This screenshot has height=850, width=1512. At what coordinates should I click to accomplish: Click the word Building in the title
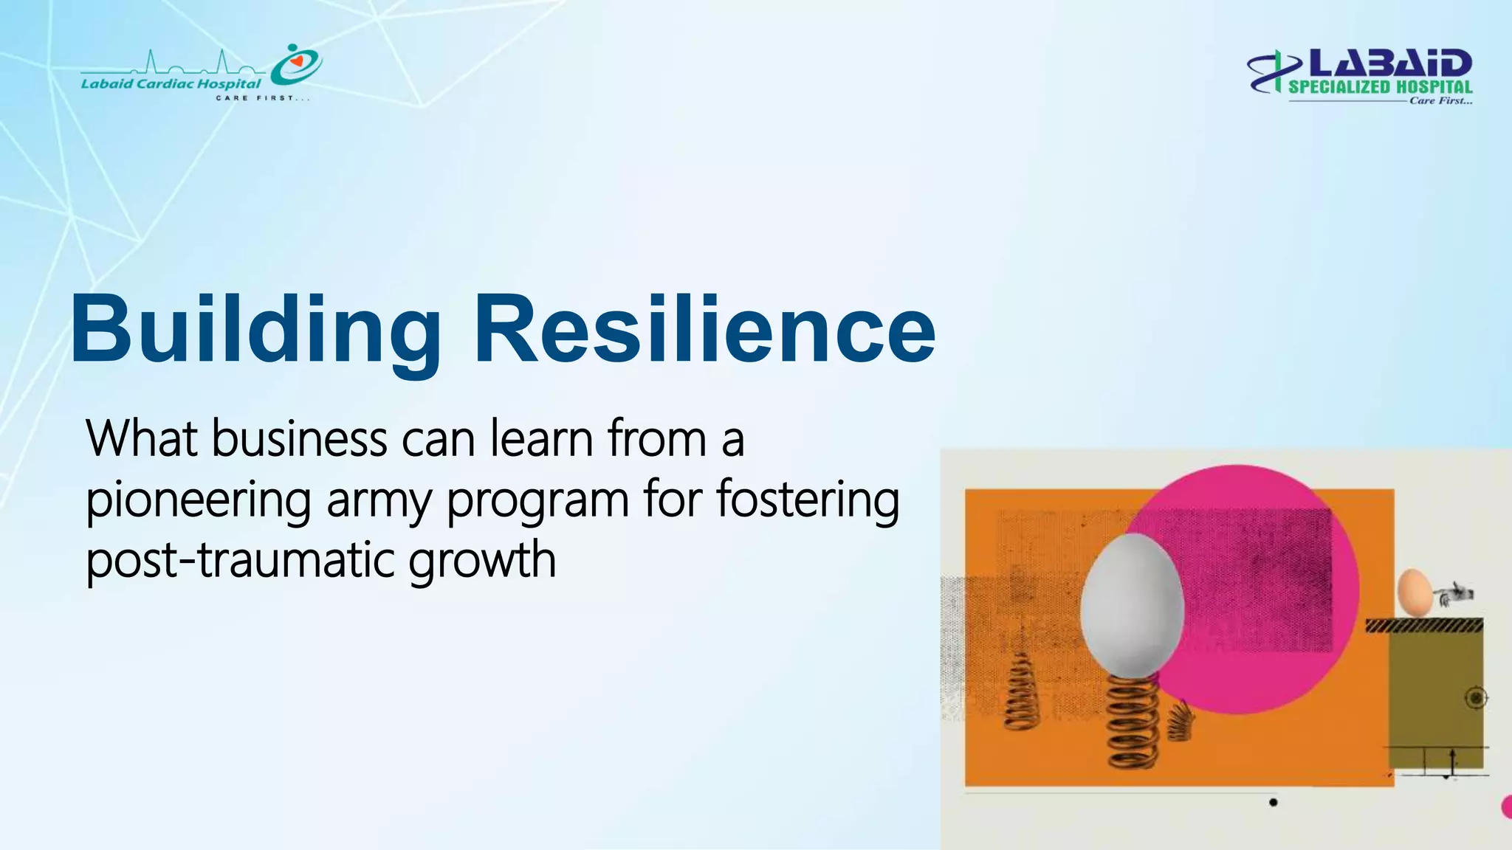tap(255, 330)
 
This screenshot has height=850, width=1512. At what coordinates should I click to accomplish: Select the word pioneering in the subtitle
tap(198, 500)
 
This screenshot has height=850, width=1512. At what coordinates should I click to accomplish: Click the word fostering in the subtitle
tap(808, 500)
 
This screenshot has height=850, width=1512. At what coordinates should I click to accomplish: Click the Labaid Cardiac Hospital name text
tap(171, 83)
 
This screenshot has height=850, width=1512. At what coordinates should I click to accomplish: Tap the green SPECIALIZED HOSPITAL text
tap(1380, 87)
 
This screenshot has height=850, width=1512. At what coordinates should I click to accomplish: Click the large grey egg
tap(1131, 605)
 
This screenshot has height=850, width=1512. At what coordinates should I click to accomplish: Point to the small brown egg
tap(1414, 592)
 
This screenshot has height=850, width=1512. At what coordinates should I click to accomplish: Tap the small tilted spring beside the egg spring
tap(1180, 719)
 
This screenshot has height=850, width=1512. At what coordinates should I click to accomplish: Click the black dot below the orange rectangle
tap(1273, 802)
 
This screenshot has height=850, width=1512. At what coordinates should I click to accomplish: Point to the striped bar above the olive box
tap(1424, 626)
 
